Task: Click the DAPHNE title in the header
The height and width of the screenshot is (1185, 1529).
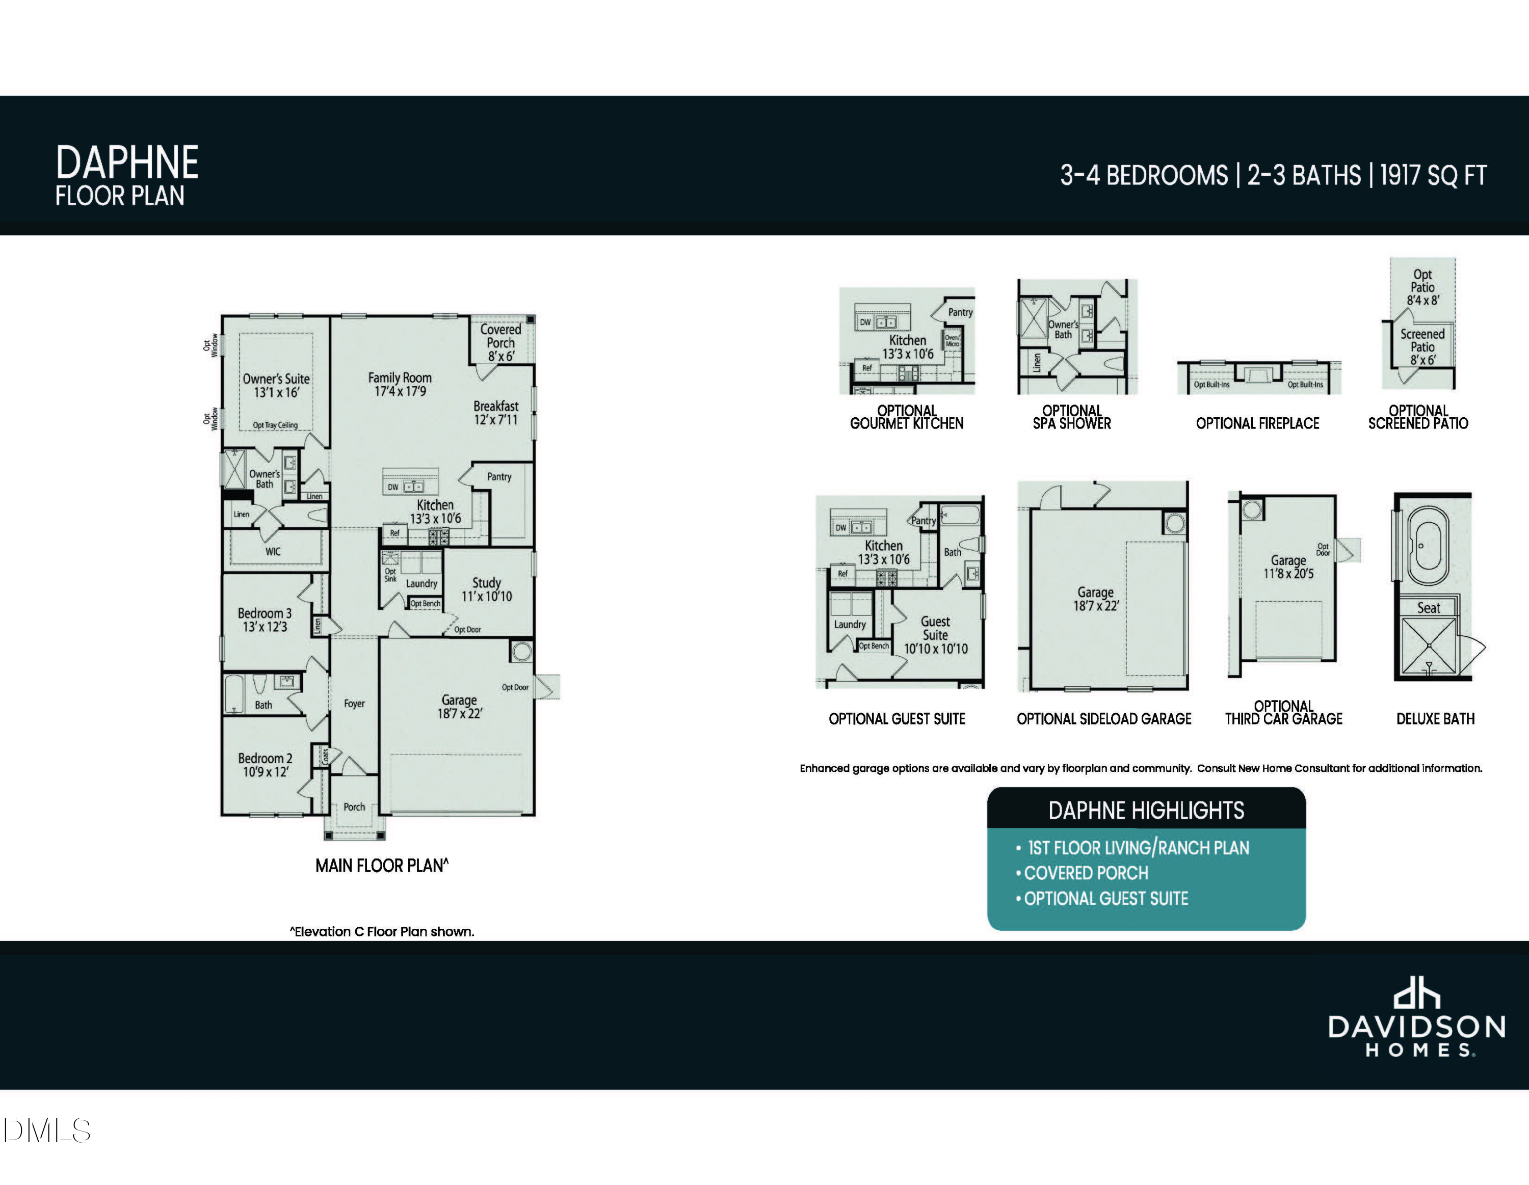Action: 127,163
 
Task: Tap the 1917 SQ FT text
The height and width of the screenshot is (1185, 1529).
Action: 1432,175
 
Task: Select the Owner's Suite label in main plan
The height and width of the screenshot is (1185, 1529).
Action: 276,385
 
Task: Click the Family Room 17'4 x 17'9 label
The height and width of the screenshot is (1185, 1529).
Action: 400,384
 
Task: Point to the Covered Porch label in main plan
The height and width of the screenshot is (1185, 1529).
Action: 500,342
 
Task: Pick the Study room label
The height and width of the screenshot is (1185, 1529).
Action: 487,589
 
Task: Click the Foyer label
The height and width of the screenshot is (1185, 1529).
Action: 354,704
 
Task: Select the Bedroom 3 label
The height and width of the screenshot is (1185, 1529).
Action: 265,620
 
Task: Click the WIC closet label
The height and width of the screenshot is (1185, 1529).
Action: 273,552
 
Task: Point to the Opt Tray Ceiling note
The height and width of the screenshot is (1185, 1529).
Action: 275,425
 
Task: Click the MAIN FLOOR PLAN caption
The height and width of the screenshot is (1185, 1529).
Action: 382,866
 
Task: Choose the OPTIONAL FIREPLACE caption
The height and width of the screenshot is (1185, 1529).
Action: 1257,423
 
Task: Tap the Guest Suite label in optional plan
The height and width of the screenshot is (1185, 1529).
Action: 935,634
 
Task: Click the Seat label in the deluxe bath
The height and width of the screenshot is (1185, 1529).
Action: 1428,608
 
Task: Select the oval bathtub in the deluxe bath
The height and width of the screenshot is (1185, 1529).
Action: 1428,545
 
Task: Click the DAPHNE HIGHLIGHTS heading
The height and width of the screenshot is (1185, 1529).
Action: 1146,811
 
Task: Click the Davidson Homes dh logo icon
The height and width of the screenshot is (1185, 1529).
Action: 1416,994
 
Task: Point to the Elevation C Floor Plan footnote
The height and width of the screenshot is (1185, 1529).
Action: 382,932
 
